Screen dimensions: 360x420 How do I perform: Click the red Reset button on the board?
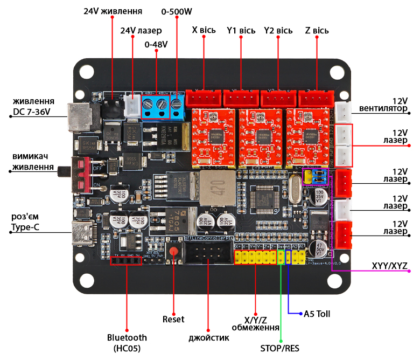[x=173, y=251]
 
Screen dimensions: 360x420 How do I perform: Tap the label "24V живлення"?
[x=113, y=11]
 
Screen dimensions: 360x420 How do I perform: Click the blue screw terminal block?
[x=156, y=106]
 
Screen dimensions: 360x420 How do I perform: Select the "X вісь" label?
[x=204, y=30]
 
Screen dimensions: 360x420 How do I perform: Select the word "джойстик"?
[x=209, y=338]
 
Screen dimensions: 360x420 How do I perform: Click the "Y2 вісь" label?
[x=278, y=30]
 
